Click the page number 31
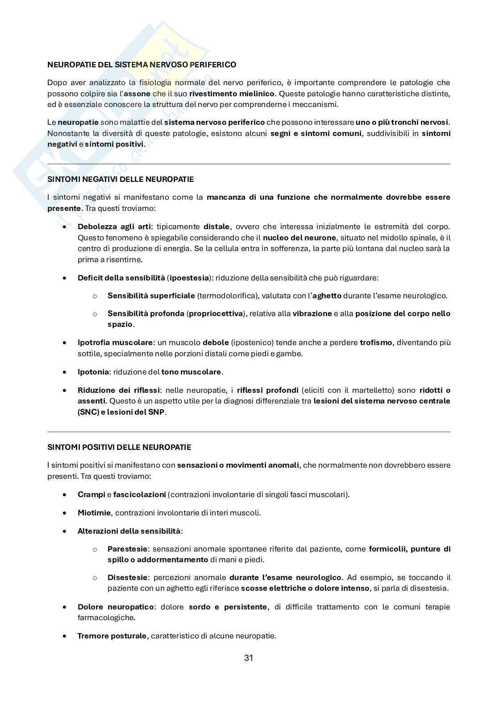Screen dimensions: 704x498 pos(249,658)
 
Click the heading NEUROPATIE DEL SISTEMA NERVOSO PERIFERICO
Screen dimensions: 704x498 pos(141,65)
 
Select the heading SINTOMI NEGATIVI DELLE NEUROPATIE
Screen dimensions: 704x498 pos(120,179)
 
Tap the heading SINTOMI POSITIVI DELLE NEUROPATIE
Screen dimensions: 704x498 pos(119,447)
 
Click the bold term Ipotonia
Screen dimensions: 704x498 pos(93,372)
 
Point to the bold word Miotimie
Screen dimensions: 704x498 pos(94,513)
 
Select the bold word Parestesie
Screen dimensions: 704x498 pos(127,549)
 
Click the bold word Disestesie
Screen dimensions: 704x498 pos(127,577)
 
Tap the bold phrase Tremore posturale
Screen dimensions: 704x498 pos(112,636)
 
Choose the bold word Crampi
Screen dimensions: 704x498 pos(91,494)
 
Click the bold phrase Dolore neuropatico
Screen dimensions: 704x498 pos(116,607)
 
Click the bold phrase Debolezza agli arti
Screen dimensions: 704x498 pos(114,226)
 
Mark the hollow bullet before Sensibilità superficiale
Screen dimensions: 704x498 pos(95,296)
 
